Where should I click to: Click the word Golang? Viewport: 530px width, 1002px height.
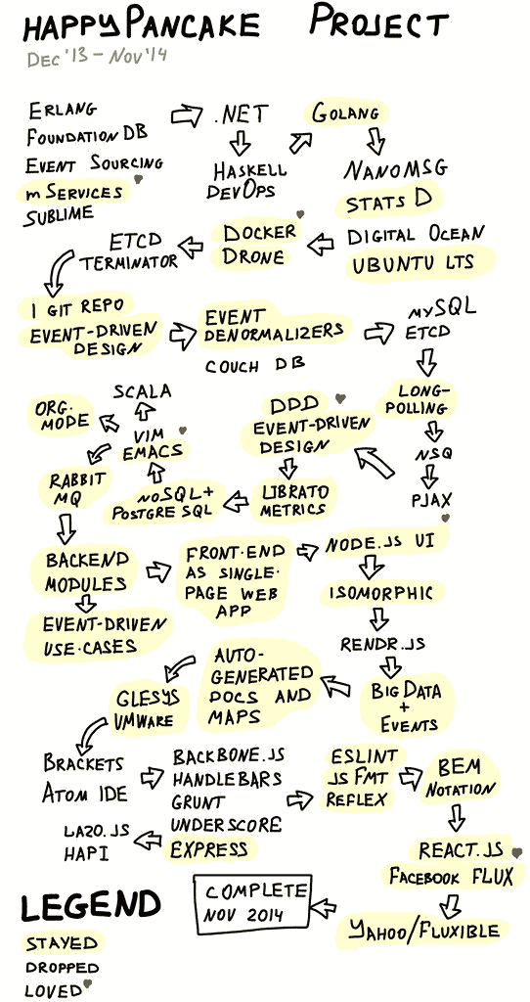pos(345,114)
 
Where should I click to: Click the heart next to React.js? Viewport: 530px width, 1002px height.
pos(515,850)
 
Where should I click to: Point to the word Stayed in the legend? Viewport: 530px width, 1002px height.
pos(62,943)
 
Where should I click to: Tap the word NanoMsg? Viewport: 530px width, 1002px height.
pos(396,169)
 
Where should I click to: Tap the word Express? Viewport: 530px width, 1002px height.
pos(209,848)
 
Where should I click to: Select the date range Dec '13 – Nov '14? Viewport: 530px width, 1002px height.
pos(97,57)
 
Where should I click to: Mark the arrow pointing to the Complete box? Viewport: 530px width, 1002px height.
pos(325,905)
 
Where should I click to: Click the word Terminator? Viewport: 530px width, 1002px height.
pos(128,261)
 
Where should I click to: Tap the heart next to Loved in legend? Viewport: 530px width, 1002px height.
pos(88,984)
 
